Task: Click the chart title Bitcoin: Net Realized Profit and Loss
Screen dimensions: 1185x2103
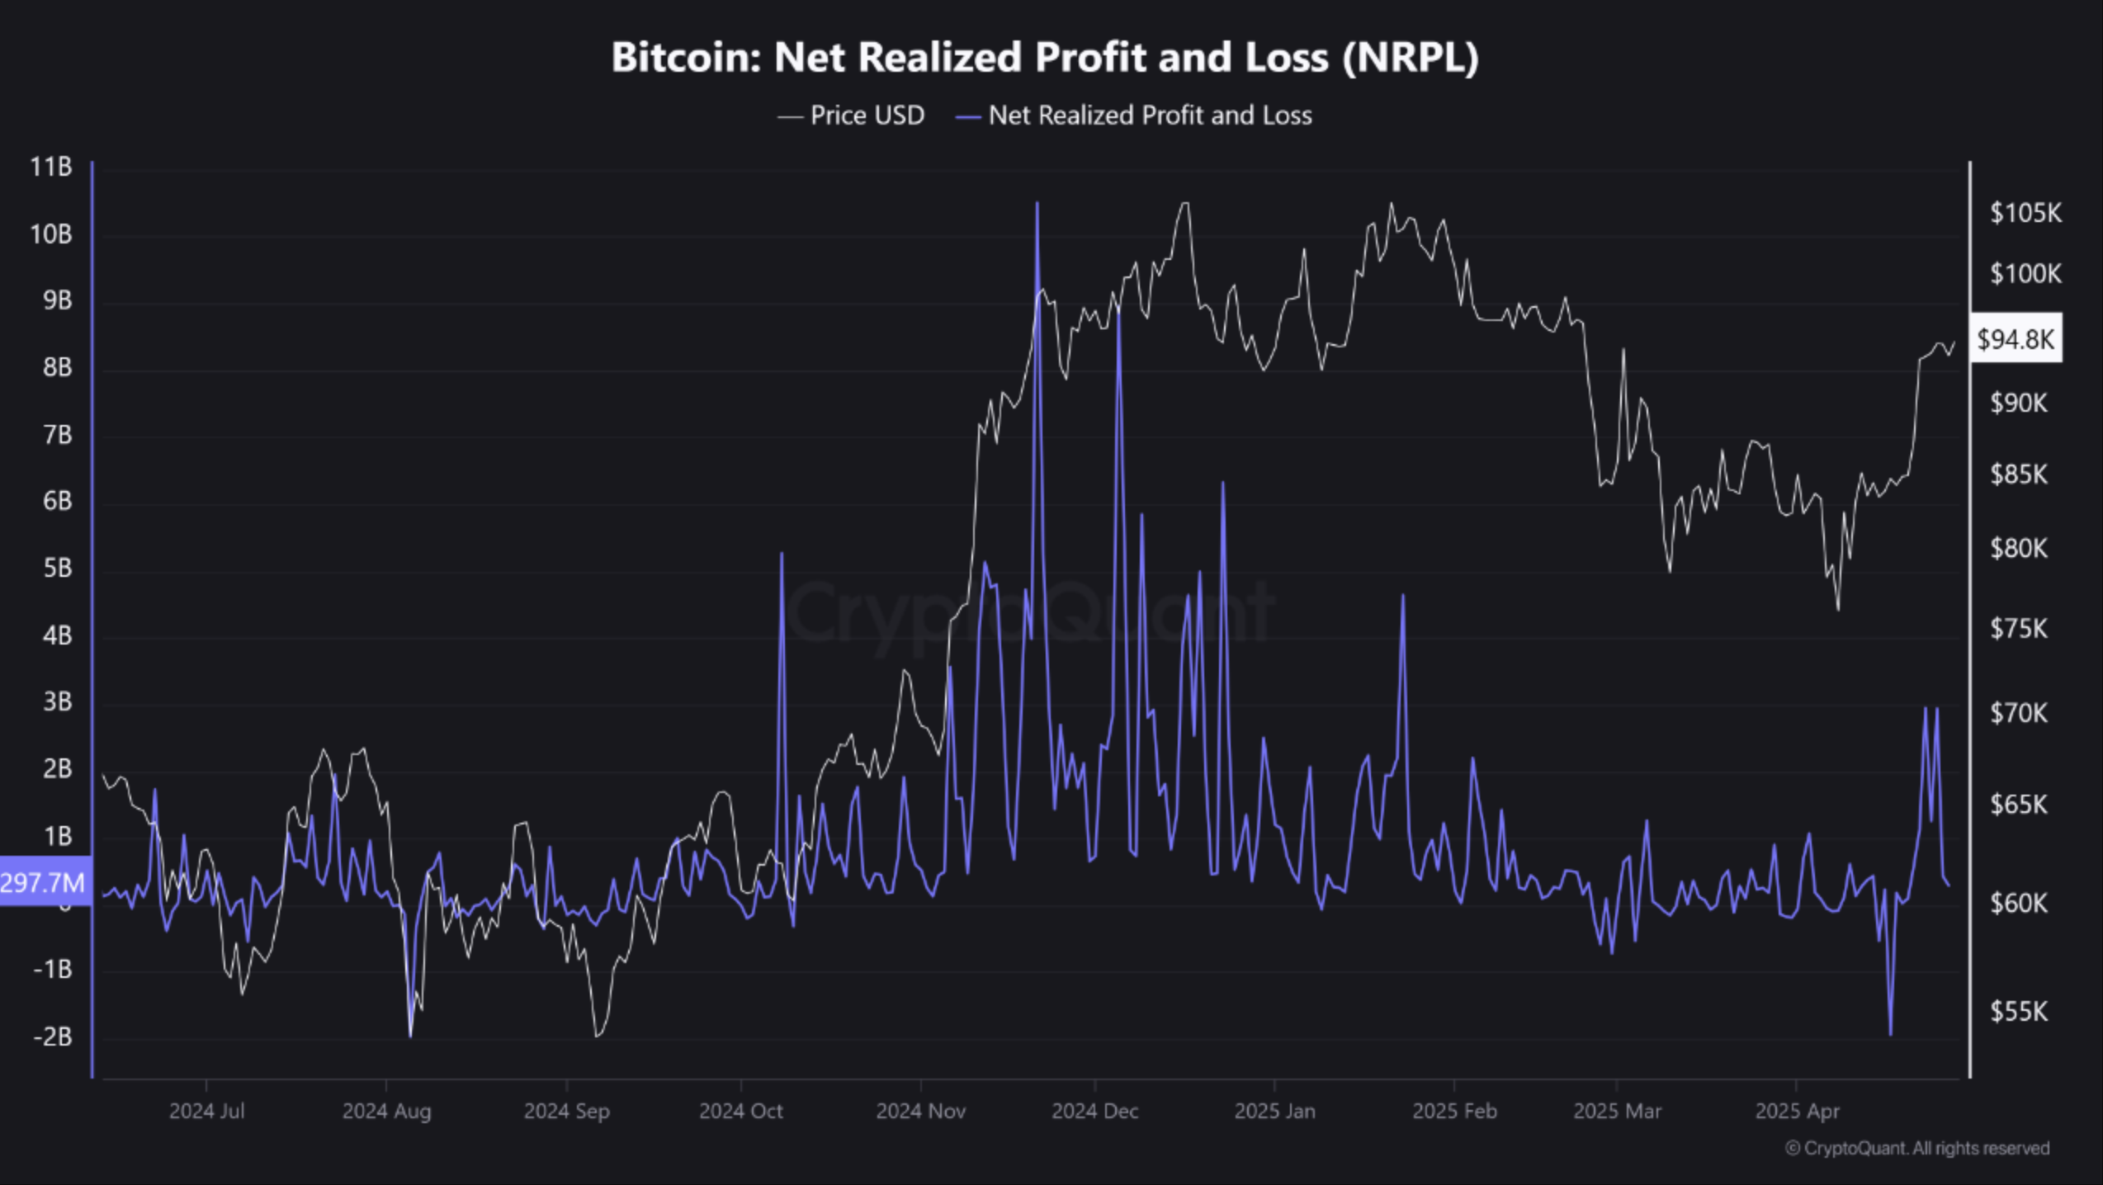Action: (x=1044, y=58)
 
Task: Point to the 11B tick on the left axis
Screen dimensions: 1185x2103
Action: (x=51, y=168)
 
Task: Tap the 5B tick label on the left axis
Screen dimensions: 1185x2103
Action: (x=57, y=569)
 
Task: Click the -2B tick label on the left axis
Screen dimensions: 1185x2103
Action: (x=52, y=1036)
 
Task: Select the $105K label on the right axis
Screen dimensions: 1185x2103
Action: (x=2025, y=213)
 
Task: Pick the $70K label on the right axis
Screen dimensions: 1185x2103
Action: (x=2018, y=713)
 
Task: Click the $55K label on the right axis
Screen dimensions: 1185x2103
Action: (x=2018, y=1012)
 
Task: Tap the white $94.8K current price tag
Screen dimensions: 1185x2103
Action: (x=2015, y=338)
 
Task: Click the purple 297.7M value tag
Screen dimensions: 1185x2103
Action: (x=43, y=883)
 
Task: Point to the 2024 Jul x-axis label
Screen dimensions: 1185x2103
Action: (x=206, y=1112)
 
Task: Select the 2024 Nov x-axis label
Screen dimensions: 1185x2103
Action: (x=920, y=1112)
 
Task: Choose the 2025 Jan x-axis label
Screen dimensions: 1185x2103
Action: (x=1274, y=1112)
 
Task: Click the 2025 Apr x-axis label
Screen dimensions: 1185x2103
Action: (x=1797, y=1112)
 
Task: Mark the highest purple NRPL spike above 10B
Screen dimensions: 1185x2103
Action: (x=1037, y=203)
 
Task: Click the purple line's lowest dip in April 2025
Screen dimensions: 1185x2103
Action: (x=1890, y=1033)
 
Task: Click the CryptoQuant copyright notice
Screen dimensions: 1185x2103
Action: (x=1916, y=1149)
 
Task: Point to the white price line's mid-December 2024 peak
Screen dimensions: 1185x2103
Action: (x=1184, y=204)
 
